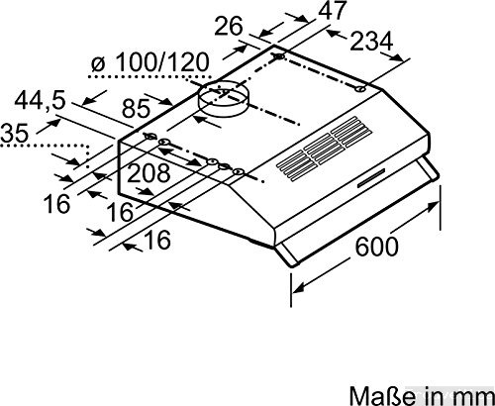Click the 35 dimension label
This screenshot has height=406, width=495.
[16, 131]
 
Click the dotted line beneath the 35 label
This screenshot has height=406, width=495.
[45, 146]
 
